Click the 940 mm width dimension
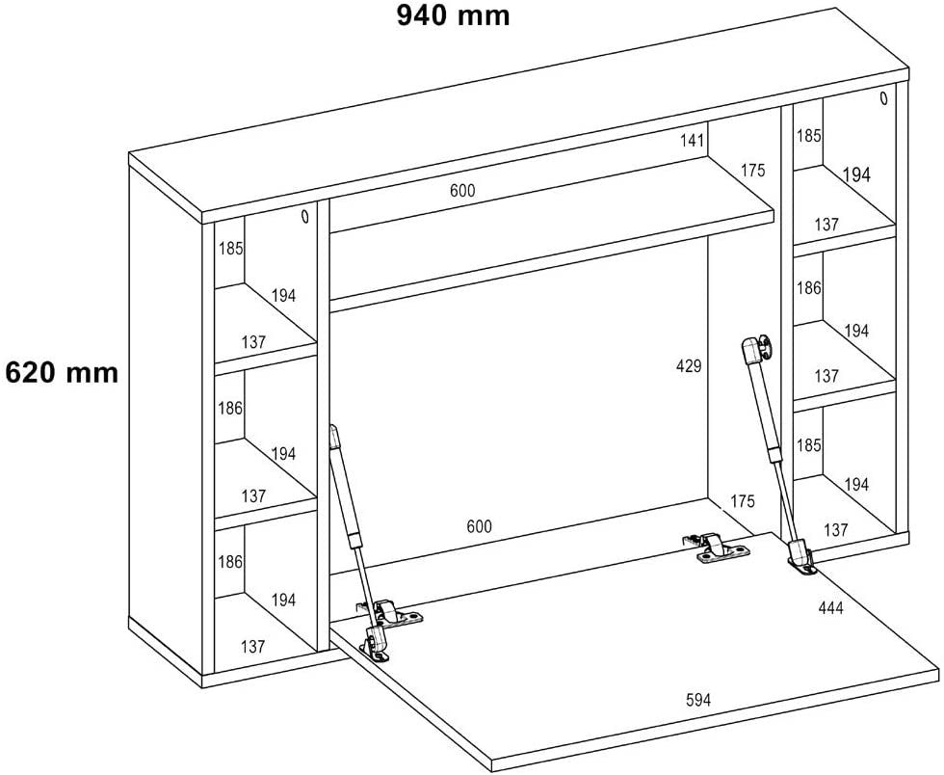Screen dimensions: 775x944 [453, 16]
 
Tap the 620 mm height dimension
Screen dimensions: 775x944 [63, 372]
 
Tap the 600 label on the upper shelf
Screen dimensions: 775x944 [462, 191]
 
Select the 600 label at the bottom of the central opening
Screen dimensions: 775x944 [479, 526]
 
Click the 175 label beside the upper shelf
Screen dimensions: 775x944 [753, 171]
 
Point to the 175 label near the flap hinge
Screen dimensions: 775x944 [743, 501]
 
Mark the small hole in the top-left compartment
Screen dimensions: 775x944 [305, 217]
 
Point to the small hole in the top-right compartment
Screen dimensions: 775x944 [882, 98]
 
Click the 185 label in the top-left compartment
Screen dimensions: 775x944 [230, 248]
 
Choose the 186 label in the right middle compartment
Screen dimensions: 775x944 [809, 287]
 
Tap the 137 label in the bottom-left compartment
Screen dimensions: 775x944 [253, 647]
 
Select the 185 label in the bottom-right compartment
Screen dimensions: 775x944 [809, 446]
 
